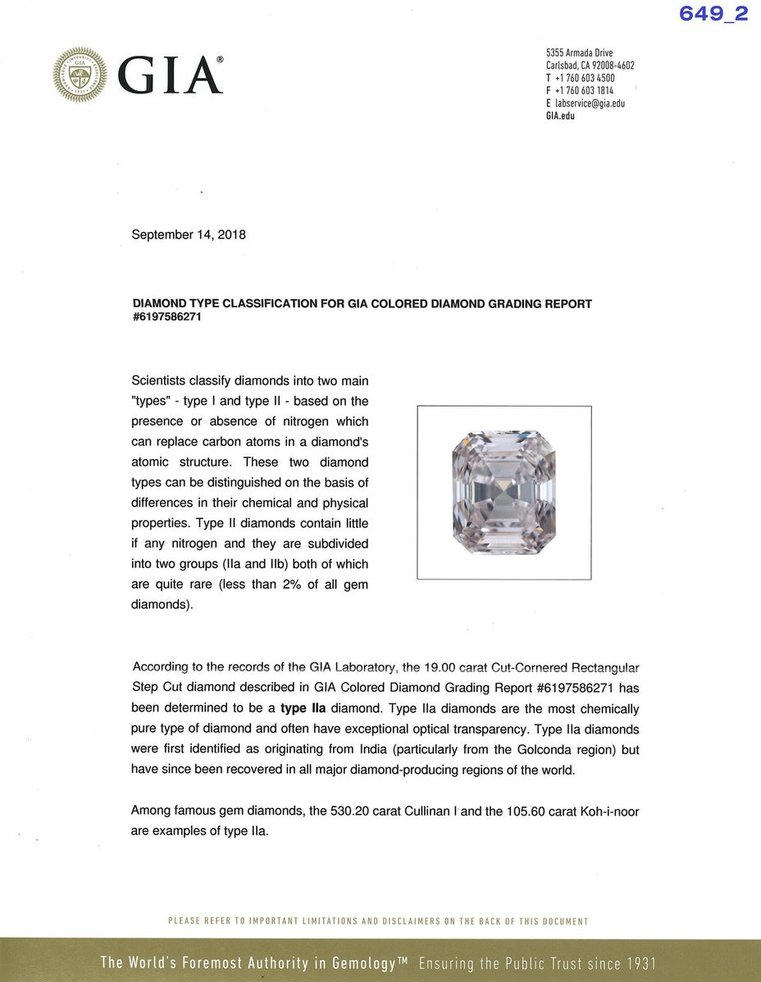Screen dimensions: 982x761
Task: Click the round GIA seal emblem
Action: coord(80,75)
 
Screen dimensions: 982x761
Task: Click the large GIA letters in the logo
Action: coord(171,75)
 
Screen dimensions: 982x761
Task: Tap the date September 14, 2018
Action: coord(189,234)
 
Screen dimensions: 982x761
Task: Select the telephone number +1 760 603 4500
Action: coord(584,78)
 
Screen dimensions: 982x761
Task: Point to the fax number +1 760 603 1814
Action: coord(584,90)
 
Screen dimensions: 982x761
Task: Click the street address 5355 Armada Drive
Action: coord(579,53)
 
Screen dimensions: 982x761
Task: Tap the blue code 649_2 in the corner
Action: coord(713,14)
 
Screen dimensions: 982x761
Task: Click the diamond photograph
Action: coord(504,493)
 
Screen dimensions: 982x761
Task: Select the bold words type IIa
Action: coord(308,709)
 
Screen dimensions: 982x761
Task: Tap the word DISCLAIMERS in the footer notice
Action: coord(401,921)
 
